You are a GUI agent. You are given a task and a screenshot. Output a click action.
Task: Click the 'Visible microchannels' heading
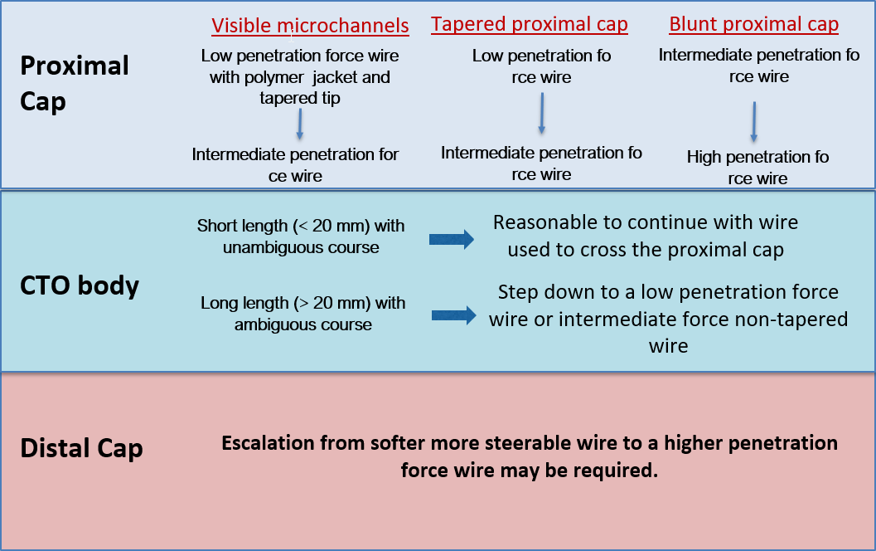(x=310, y=26)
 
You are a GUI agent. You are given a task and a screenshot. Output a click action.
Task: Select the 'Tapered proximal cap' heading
(x=529, y=25)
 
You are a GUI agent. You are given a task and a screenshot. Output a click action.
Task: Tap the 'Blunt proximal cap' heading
(x=753, y=25)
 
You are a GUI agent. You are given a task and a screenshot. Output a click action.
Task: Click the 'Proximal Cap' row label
(x=74, y=83)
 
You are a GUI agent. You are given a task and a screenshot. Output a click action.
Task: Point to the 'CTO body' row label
(x=79, y=285)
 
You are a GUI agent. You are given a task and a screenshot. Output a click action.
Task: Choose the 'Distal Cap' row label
(x=81, y=449)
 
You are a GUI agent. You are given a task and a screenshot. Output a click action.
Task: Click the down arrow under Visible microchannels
(x=299, y=124)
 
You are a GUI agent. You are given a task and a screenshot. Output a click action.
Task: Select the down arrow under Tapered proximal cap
(x=541, y=113)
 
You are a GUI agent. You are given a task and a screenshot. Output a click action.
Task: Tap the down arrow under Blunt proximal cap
(x=754, y=122)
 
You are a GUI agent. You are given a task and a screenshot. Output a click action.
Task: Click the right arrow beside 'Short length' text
(x=452, y=240)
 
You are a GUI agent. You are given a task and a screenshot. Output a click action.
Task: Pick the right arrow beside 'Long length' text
(x=454, y=315)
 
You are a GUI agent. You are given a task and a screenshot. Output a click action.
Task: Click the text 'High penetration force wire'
(x=757, y=168)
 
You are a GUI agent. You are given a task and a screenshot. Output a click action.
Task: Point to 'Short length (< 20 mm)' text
(x=301, y=226)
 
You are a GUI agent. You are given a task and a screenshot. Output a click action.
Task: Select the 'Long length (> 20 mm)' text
(x=302, y=303)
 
